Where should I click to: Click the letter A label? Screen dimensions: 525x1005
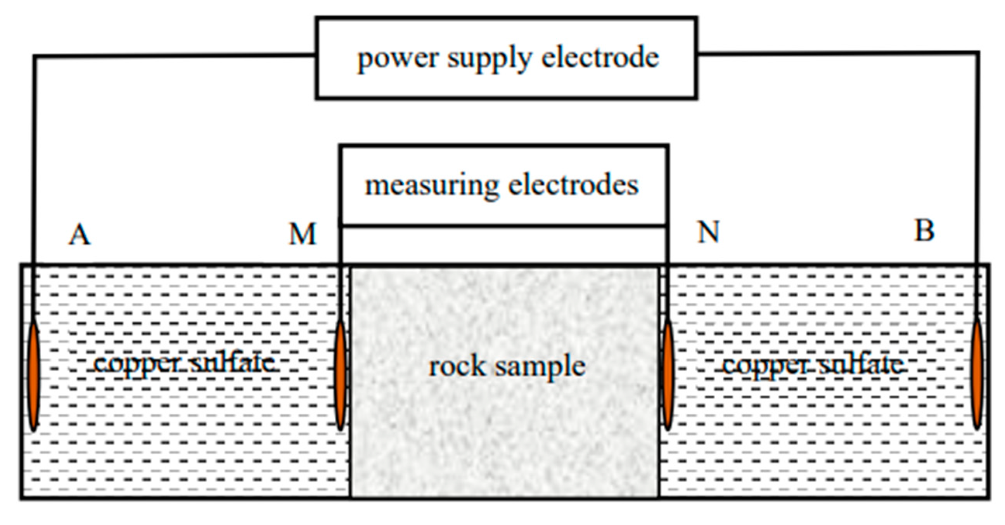(x=80, y=235)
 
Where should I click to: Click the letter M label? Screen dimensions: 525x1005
(x=303, y=234)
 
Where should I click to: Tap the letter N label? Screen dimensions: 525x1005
(x=708, y=232)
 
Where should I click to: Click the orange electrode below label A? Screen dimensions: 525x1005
(x=34, y=375)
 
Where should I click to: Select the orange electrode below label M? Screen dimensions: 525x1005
(x=340, y=375)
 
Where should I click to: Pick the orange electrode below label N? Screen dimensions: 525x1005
(x=668, y=375)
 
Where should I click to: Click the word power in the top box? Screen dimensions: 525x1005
(x=398, y=59)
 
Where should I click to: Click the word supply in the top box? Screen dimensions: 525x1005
(x=490, y=59)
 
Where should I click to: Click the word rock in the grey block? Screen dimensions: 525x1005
(x=457, y=367)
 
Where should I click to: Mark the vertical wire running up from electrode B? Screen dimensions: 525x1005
(x=978, y=164)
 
